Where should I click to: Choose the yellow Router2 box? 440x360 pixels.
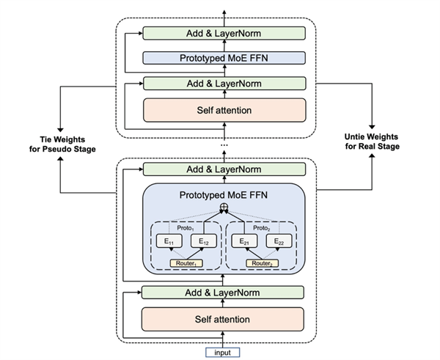[x=263, y=262]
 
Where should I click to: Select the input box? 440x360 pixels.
[x=222, y=352]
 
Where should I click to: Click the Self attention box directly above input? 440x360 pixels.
[x=223, y=319]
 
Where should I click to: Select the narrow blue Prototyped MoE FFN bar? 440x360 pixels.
[x=223, y=58]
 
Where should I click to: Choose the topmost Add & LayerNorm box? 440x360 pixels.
[x=223, y=33]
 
